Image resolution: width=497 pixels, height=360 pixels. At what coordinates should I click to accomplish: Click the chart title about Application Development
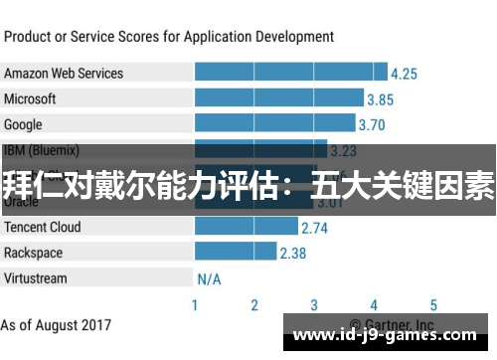pyautogui.click(x=169, y=37)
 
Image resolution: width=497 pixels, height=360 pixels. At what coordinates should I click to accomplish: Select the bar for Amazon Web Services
pyautogui.click(x=290, y=74)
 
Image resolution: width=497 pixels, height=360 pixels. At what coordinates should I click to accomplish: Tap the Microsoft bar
pyautogui.click(x=278, y=99)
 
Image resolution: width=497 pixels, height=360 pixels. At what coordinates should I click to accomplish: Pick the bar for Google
pyautogui.click(x=273, y=125)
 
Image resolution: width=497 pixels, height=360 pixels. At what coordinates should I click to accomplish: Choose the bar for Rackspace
pyautogui.click(x=235, y=253)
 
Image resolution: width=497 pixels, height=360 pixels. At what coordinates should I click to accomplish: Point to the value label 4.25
pyautogui.click(x=404, y=74)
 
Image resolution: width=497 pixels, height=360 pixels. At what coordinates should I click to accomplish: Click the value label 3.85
pyautogui.click(x=380, y=99)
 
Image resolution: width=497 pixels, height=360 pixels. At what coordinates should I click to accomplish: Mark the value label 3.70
pyautogui.click(x=371, y=125)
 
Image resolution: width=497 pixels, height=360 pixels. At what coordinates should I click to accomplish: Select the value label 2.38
pyautogui.click(x=292, y=253)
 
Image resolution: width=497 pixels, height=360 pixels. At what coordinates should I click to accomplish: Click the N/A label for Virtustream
pyautogui.click(x=209, y=278)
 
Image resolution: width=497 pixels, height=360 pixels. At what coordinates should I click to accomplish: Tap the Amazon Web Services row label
pyautogui.click(x=64, y=74)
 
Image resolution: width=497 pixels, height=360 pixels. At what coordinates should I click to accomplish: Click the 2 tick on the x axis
pyautogui.click(x=254, y=305)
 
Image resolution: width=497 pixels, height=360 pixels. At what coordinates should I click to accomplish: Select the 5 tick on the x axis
pyautogui.click(x=433, y=305)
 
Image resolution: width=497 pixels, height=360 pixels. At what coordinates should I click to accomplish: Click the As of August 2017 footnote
pyautogui.click(x=56, y=325)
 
